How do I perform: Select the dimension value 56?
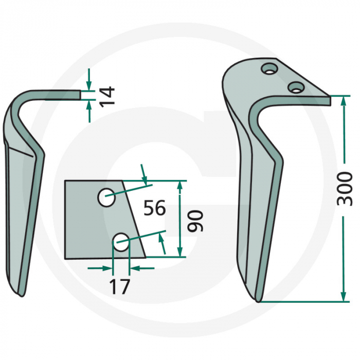tap(154, 208)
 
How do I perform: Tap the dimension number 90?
tap(195, 221)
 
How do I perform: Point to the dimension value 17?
tap(120, 285)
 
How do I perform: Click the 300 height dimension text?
tap(344, 189)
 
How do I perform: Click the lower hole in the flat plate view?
tap(120, 242)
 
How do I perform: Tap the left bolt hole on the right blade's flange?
tap(268, 68)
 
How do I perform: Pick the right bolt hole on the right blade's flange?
tap(295, 87)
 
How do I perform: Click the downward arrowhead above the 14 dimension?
tap(89, 86)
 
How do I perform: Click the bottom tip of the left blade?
tap(20, 294)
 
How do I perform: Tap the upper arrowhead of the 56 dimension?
tap(146, 180)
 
